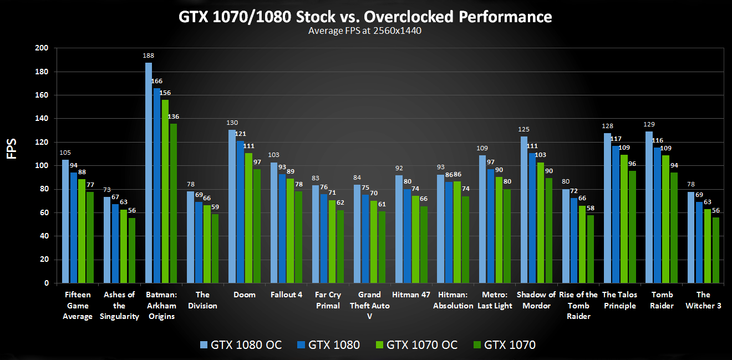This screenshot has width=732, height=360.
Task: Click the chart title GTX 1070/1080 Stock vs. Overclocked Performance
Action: tap(365, 17)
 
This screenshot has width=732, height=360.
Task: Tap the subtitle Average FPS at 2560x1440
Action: tap(365, 31)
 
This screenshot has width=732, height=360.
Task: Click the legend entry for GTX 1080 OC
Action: tap(241, 345)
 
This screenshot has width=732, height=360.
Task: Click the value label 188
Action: tap(149, 56)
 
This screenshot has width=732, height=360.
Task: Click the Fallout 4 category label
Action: tap(286, 295)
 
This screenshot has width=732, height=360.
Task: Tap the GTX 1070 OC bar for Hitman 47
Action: tap(416, 239)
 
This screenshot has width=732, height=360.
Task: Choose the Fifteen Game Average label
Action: tap(78, 306)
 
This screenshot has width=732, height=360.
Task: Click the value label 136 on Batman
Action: tap(173, 117)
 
